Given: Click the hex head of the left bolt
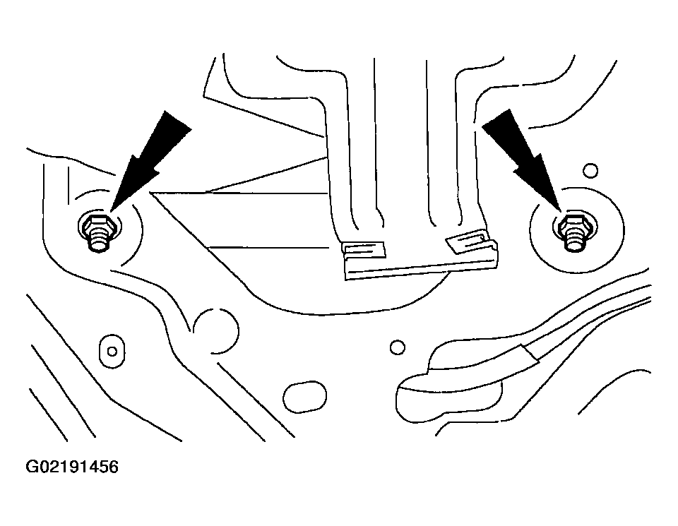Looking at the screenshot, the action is click(x=98, y=224).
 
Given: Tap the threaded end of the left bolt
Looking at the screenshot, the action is click(x=99, y=243).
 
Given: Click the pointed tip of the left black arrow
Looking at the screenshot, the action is click(x=112, y=211).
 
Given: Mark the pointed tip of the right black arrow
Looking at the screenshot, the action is click(x=561, y=211).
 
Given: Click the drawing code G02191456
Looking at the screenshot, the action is click(x=72, y=467).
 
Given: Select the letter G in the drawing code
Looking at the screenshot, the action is click(x=32, y=467).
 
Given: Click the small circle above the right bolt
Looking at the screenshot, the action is click(x=590, y=170).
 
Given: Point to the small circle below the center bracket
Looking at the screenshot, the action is click(x=398, y=347).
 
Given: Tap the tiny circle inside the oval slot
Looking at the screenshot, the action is click(x=112, y=352).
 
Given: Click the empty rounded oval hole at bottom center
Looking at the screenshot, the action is click(x=305, y=396).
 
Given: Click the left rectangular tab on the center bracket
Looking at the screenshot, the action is click(x=363, y=250).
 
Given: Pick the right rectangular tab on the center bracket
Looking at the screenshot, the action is click(x=468, y=241).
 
